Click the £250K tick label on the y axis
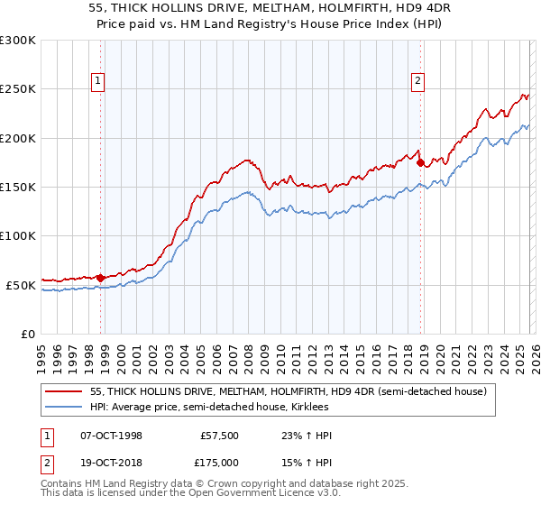click(x=18, y=89)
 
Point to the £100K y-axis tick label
click(x=18, y=235)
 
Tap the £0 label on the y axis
click(x=28, y=334)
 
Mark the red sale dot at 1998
click(x=101, y=278)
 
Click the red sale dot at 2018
click(x=420, y=162)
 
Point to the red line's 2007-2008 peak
click(x=249, y=161)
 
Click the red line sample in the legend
click(x=64, y=392)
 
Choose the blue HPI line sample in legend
click(x=64, y=408)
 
